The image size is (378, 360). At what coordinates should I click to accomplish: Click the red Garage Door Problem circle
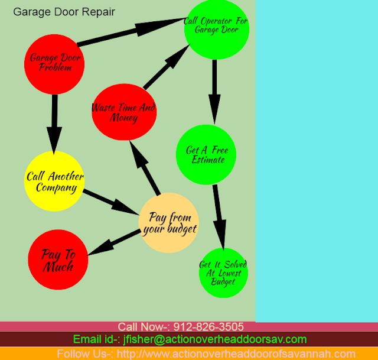point(56,63)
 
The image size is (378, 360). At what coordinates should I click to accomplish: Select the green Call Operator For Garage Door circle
point(216,26)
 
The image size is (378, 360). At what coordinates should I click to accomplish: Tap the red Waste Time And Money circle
point(124,112)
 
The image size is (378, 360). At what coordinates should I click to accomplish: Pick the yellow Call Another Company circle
point(54,181)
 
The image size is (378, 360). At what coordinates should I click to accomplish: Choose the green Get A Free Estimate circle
point(206,154)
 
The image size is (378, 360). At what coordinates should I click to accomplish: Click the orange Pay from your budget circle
point(169,222)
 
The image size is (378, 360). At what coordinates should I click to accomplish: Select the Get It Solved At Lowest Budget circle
point(223,273)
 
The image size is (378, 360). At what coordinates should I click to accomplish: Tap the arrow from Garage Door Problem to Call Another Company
point(55,124)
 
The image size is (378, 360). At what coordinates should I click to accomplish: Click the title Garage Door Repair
point(64,12)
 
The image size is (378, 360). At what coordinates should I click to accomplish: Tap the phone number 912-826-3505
point(208,327)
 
